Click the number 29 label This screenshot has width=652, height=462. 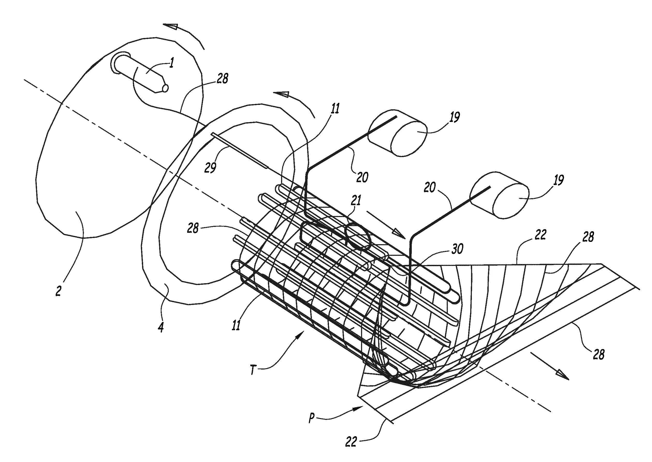[210, 167]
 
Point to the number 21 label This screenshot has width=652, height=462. [356, 201]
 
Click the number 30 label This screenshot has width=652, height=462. [457, 248]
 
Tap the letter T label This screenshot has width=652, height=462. [253, 370]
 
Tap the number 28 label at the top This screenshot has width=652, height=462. [222, 78]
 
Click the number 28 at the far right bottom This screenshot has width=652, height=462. [599, 355]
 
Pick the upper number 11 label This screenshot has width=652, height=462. [335, 109]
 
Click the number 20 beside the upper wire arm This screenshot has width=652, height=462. [362, 177]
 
